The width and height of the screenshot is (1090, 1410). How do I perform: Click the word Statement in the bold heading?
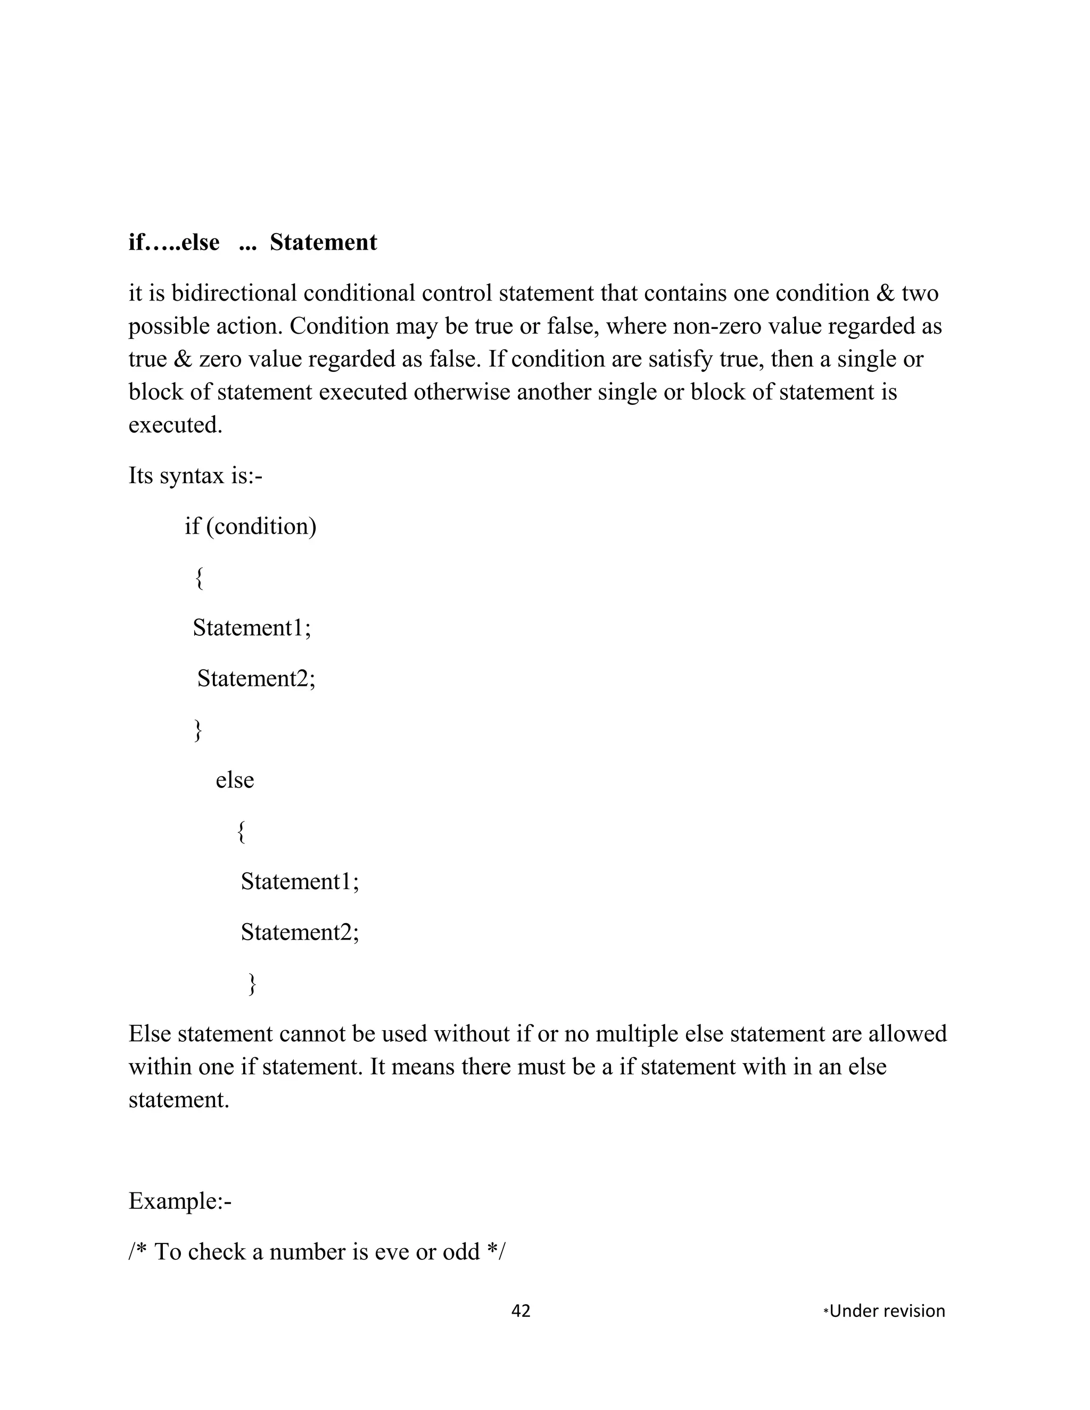(x=323, y=243)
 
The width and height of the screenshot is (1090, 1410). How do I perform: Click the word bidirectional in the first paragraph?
(x=234, y=294)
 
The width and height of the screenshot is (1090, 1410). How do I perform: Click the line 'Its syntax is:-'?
(x=195, y=476)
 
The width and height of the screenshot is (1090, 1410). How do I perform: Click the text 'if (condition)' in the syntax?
(x=251, y=527)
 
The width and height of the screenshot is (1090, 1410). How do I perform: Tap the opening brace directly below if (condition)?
(x=200, y=577)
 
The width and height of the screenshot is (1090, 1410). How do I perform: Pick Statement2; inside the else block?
(x=300, y=932)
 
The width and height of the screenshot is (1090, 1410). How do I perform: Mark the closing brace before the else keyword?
(x=198, y=730)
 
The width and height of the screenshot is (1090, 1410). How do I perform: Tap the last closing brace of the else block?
(x=252, y=984)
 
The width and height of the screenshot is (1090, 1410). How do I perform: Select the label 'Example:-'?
(x=179, y=1201)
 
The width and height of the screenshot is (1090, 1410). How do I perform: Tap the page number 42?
(x=521, y=1311)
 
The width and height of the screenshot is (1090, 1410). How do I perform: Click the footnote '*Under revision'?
(x=884, y=1311)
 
